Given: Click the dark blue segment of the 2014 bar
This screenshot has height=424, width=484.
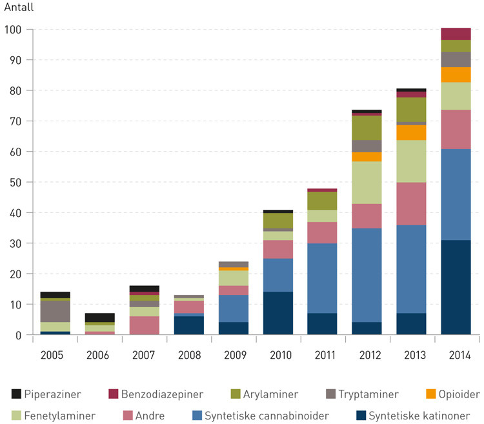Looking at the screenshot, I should [x=456, y=287].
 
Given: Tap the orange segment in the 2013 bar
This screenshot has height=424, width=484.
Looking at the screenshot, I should [x=411, y=132].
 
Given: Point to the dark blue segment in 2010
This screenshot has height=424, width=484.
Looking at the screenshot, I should [x=278, y=313].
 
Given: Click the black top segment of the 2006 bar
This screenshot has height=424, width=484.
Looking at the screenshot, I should [x=100, y=318].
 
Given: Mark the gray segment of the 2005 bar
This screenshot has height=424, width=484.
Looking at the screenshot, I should [x=55, y=312].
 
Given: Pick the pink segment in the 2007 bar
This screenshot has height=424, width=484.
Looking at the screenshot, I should [x=145, y=325].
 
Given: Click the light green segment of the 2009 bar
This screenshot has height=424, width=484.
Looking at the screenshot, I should [x=234, y=278].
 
